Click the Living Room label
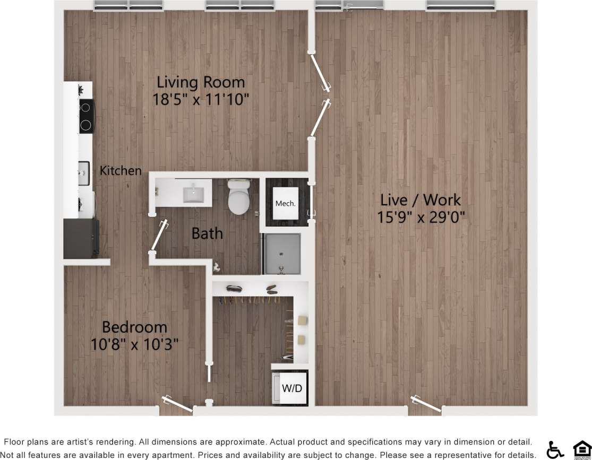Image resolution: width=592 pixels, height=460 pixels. pos(201,82)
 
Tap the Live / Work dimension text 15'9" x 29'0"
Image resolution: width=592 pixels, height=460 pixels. pos(420,218)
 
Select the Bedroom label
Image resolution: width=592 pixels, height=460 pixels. pos(134,327)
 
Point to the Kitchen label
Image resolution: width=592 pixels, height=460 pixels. pos(121,170)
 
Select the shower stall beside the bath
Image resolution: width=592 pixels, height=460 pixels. pos(281,254)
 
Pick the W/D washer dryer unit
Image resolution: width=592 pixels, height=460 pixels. pos(291,388)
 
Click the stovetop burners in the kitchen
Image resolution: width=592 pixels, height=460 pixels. pos(85,116)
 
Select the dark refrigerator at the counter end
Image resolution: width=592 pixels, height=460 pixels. pos(81,238)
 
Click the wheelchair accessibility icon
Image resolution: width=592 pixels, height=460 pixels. pos(555,449)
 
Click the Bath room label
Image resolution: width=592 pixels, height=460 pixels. pos(207,233)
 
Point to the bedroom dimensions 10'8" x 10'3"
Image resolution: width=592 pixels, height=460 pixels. pos(134,344)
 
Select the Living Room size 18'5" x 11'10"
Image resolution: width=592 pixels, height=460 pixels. pos(201,99)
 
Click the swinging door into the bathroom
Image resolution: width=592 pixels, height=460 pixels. pos(159,236)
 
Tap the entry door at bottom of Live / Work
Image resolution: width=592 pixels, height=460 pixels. pos(427,404)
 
